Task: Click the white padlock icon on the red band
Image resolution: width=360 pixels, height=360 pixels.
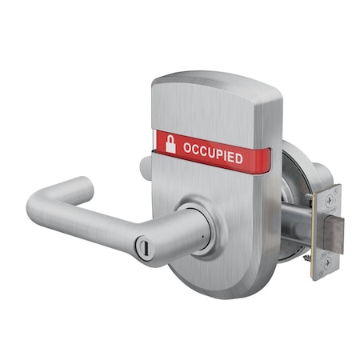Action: pyautogui.click(x=170, y=144)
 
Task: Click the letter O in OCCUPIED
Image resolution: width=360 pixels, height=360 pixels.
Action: pyautogui.click(x=187, y=148)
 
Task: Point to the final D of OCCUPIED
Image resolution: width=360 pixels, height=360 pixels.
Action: pyautogui.click(x=238, y=158)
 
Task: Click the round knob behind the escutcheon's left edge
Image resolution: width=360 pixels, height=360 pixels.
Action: pyautogui.click(x=146, y=167)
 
